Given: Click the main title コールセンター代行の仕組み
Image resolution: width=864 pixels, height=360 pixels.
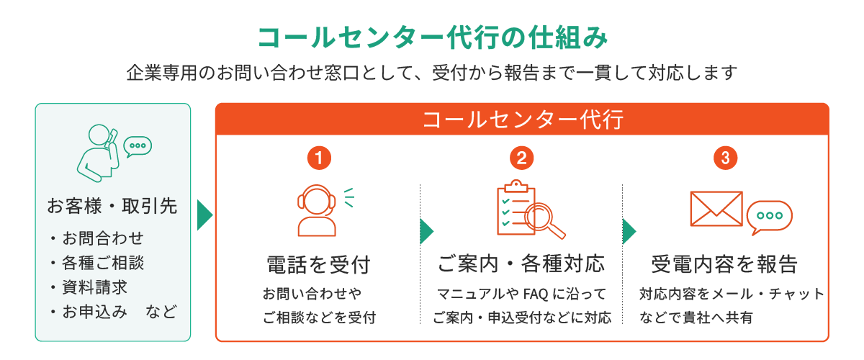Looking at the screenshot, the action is [x=433, y=38].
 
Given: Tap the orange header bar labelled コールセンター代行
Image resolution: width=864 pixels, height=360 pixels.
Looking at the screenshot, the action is [x=522, y=119].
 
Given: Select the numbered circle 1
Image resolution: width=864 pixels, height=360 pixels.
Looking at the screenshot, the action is [x=319, y=158].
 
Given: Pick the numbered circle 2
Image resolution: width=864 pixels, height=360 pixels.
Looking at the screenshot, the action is [x=521, y=158].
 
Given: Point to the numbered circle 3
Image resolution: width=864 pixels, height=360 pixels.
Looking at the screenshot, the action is [x=725, y=158].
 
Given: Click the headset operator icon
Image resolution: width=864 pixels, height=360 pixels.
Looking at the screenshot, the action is [x=317, y=211].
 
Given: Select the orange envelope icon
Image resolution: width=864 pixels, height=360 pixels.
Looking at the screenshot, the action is [x=716, y=209].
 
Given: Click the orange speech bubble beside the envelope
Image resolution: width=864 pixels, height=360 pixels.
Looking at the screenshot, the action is [x=769, y=216].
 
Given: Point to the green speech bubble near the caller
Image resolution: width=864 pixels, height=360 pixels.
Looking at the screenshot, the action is [x=138, y=146].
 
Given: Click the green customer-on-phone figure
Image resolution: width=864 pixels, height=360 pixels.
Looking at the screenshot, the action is [x=99, y=153].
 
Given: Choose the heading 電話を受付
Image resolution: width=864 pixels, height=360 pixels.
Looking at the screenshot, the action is [x=318, y=265].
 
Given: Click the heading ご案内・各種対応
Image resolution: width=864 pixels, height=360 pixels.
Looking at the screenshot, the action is [x=521, y=264].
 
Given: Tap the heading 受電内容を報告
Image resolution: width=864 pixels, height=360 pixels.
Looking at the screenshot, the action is [x=724, y=264].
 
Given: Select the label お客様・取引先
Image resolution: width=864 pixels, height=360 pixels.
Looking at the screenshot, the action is [x=112, y=206].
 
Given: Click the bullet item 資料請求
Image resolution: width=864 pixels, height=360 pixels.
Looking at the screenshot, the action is [x=95, y=287].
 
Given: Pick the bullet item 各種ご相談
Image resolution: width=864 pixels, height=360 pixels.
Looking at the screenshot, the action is [x=103, y=263].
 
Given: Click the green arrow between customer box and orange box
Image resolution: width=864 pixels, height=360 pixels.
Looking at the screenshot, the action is [x=204, y=215].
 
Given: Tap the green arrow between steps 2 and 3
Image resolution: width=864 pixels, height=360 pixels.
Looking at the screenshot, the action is [x=629, y=232].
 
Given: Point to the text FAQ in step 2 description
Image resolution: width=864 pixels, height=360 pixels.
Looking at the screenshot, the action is [x=536, y=294].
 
